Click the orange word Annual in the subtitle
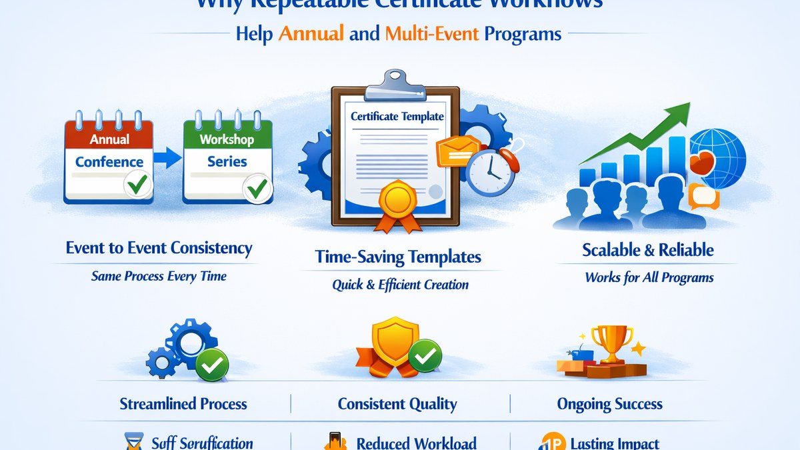tap(311, 33)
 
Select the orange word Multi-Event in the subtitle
tap(432, 33)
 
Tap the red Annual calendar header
tap(109, 139)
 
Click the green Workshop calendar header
tap(227, 139)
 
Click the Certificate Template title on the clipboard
tap(397, 116)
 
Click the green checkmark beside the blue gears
tap(213, 364)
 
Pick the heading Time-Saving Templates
tap(399, 257)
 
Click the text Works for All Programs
tap(649, 277)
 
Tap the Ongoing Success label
tap(609, 403)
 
